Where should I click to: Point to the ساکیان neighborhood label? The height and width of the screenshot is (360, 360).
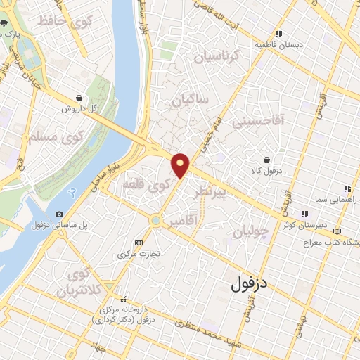point(191,101)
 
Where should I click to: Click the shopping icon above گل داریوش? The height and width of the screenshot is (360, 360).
point(79,98)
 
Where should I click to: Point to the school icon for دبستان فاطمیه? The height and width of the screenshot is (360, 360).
point(279,33)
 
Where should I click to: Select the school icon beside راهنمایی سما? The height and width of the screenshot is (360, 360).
point(347,188)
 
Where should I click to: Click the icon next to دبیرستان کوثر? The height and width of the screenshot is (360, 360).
point(304,214)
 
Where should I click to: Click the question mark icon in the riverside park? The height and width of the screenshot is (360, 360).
point(70,191)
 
